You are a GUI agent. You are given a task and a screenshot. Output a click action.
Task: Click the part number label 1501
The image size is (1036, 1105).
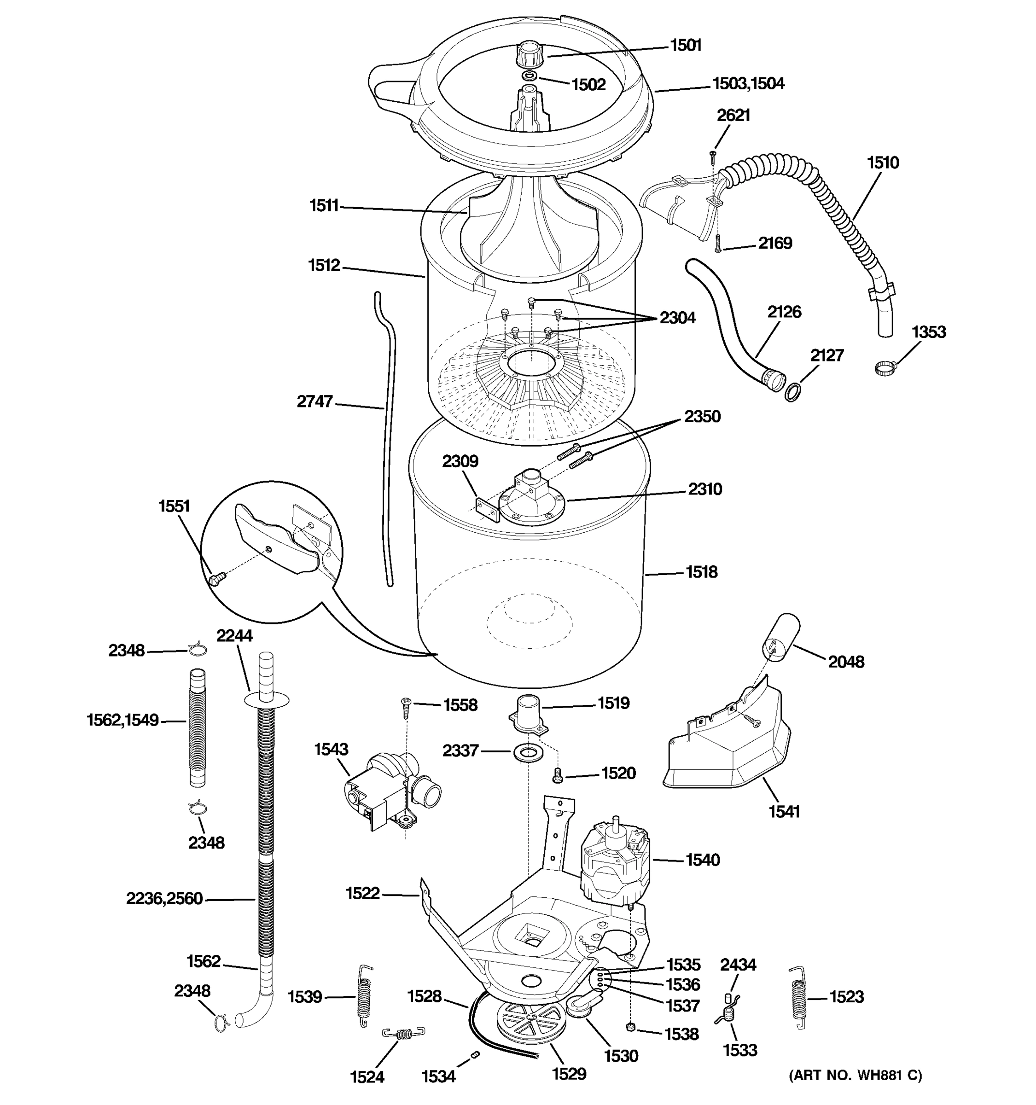686,45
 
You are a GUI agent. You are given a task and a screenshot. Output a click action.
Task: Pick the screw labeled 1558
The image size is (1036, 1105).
405,705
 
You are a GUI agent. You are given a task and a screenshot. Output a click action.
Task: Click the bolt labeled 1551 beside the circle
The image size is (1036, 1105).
215,580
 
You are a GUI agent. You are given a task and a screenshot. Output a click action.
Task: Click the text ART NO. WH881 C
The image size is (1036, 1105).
856,1075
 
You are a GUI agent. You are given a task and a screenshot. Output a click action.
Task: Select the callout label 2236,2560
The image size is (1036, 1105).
164,899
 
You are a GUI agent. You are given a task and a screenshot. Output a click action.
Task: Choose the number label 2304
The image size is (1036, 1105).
677,318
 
